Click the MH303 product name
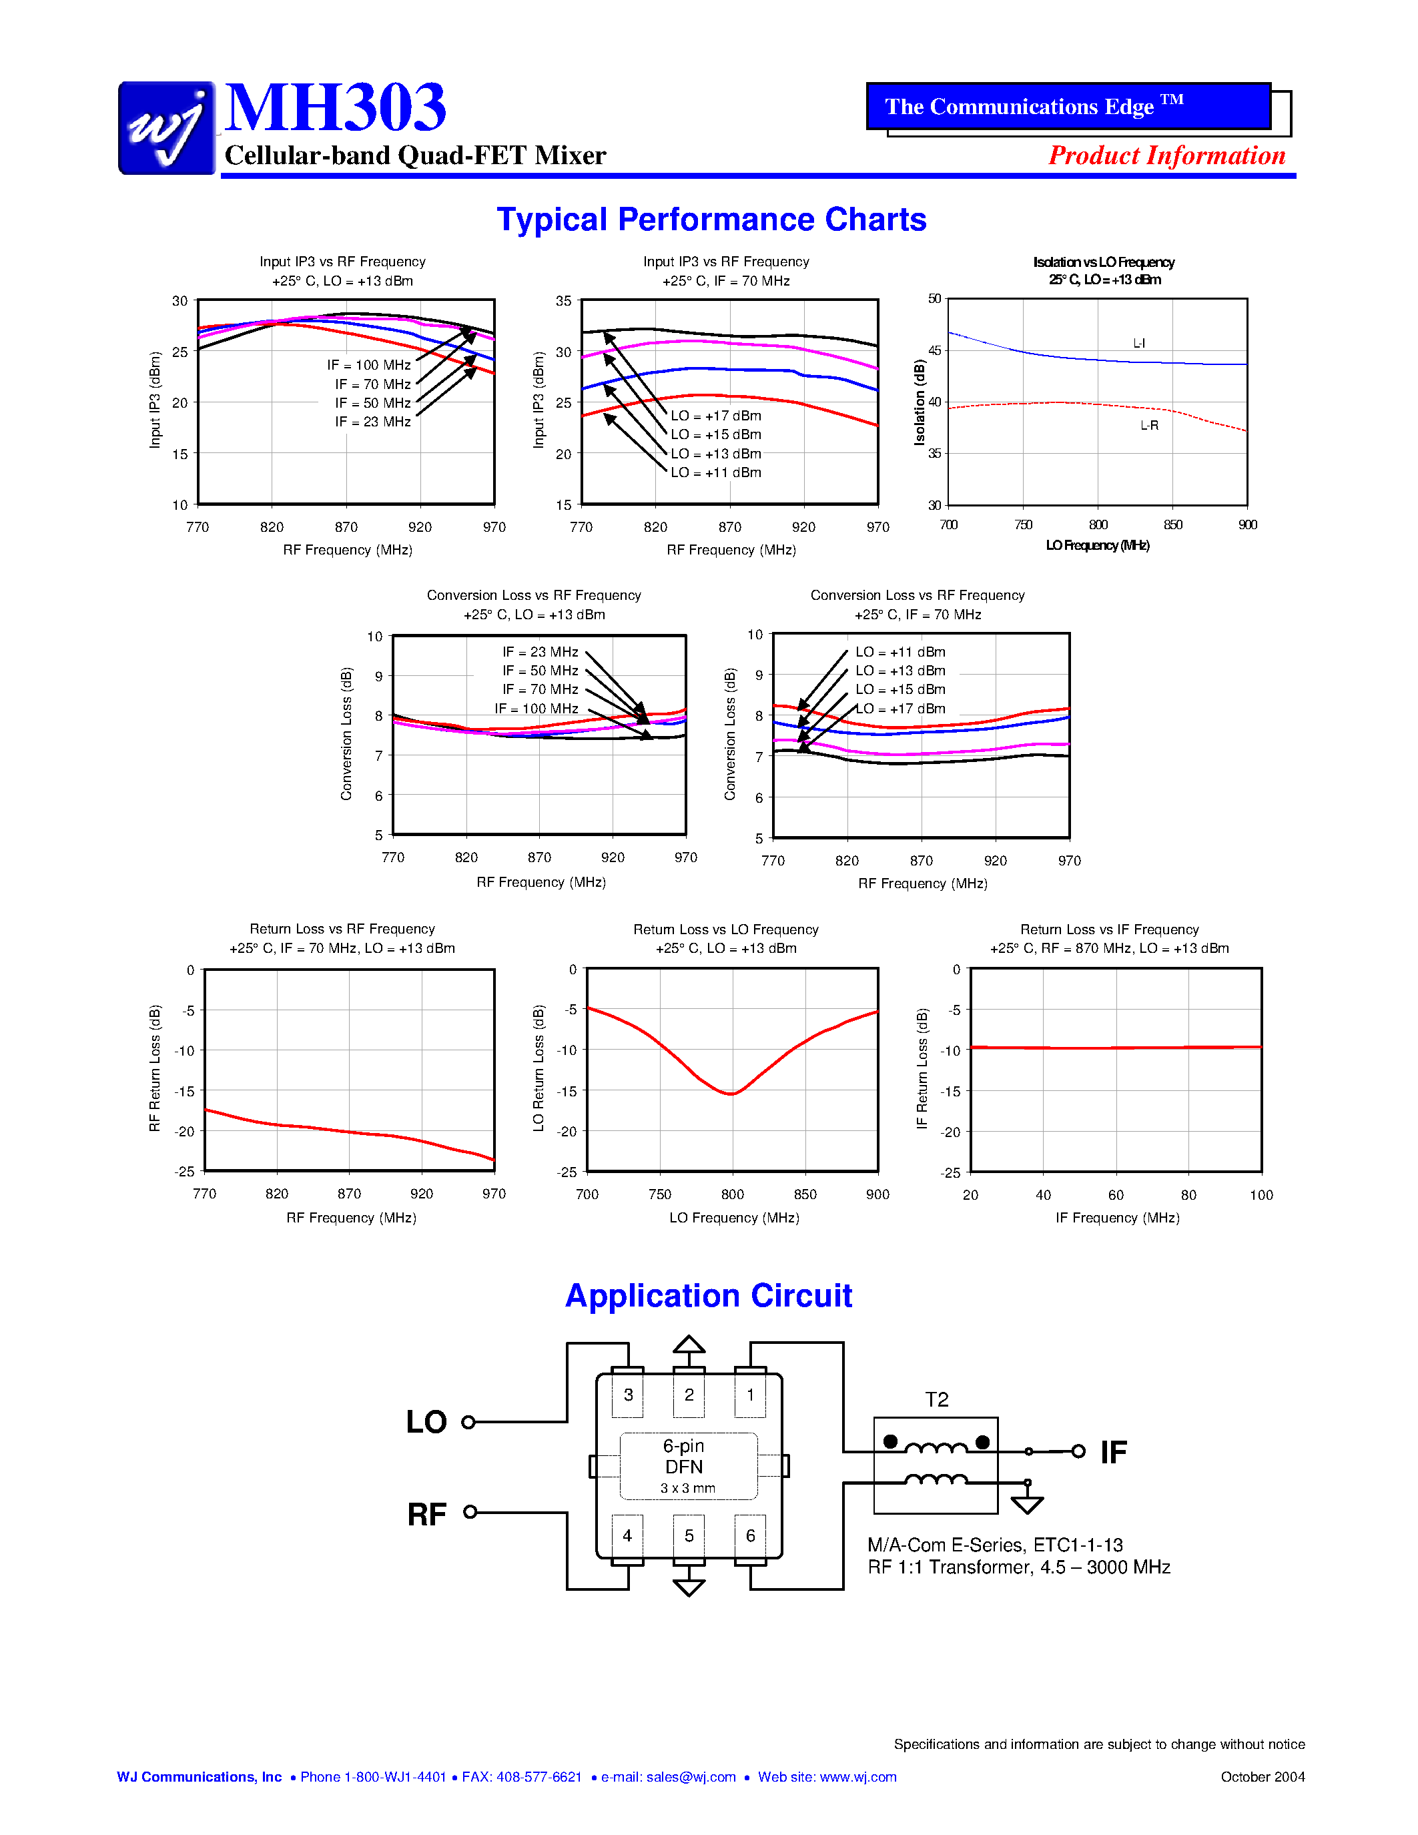(x=335, y=107)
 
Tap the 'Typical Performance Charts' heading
(x=711, y=220)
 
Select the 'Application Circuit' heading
(x=708, y=1296)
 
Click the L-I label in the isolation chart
(x=1138, y=343)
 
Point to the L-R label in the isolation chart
(x=1148, y=425)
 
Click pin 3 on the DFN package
(x=627, y=1395)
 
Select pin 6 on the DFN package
(x=750, y=1535)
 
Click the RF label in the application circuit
(x=427, y=1514)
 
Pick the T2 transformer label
(x=937, y=1399)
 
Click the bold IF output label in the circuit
(x=1113, y=1452)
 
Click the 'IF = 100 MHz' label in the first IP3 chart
(x=369, y=364)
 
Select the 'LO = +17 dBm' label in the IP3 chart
(x=716, y=416)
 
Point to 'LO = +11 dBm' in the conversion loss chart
(x=900, y=652)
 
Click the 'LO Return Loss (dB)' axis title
(x=539, y=1068)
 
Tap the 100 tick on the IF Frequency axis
(x=1261, y=1195)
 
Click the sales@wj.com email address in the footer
(x=691, y=1777)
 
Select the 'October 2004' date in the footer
(x=1263, y=1777)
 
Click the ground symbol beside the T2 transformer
(x=1026, y=1503)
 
